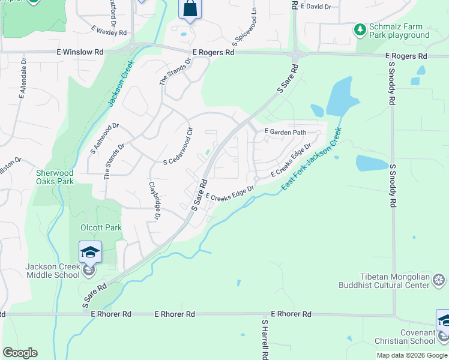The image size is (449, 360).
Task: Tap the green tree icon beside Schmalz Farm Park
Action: point(360,29)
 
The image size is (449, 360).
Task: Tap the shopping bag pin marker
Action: point(190,10)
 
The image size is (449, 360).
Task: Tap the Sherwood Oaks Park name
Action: point(54,177)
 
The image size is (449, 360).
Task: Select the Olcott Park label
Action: point(101,227)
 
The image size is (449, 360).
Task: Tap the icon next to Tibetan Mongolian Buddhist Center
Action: point(439,280)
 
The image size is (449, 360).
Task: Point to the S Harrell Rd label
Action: point(264,338)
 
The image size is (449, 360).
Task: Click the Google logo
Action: point(20,353)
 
